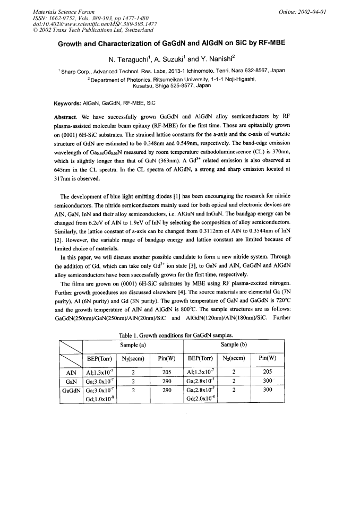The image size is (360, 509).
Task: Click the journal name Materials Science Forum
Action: click(x=64, y=12)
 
